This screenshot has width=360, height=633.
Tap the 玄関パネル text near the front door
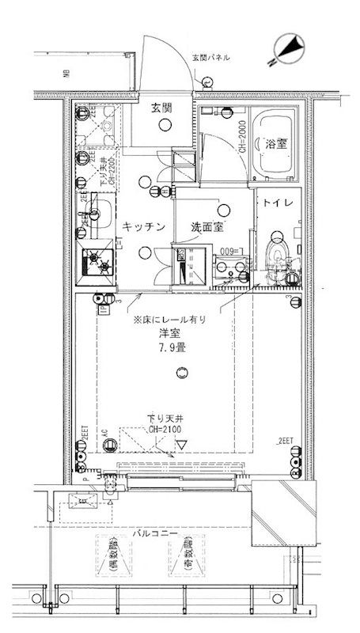point(212,57)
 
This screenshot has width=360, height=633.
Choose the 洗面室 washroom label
point(208,228)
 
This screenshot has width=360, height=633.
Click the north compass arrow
point(287,47)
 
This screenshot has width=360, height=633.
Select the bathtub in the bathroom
point(275,145)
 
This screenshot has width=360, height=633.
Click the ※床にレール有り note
point(169,320)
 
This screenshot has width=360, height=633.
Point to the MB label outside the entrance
point(66,76)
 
